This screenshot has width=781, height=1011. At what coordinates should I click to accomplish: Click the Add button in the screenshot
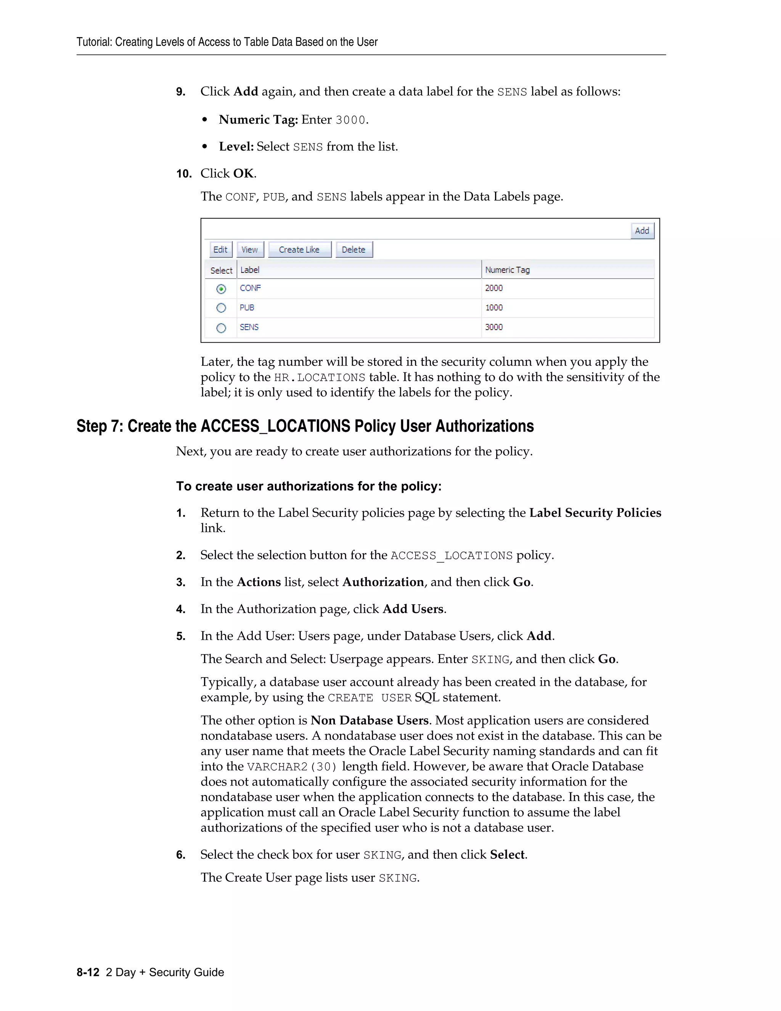click(x=642, y=230)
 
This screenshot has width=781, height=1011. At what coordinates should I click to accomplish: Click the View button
click(x=250, y=250)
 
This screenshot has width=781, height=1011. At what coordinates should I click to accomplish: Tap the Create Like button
click(x=299, y=250)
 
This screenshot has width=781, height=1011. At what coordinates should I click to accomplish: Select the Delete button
click(x=354, y=250)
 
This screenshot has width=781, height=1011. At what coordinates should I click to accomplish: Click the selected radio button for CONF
click(x=221, y=289)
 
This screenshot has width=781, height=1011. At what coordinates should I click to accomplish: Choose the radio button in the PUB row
click(x=221, y=308)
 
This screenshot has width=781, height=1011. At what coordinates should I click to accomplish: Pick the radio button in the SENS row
click(x=221, y=328)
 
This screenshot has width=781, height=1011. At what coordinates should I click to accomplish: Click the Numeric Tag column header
click(x=507, y=270)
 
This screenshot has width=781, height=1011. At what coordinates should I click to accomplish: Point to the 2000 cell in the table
click(x=494, y=288)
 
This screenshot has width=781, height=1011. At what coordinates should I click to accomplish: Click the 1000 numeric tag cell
click(x=494, y=307)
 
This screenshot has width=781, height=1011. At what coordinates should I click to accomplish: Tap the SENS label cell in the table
click(x=249, y=327)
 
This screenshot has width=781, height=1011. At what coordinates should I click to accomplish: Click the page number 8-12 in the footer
click(x=88, y=972)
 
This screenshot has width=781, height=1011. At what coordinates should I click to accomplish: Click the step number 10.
click(x=184, y=174)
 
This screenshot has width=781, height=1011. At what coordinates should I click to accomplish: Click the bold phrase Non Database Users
click(x=369, y=720)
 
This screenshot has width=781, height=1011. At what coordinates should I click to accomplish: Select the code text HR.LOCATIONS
click(x=320, y=378)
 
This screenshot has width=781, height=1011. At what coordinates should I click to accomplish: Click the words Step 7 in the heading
click(x=99, y=426)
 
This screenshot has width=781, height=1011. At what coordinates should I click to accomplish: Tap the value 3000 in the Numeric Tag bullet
click(x=350, y=120)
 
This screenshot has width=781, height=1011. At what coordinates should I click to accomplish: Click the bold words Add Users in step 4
click(x=413, y=609)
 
